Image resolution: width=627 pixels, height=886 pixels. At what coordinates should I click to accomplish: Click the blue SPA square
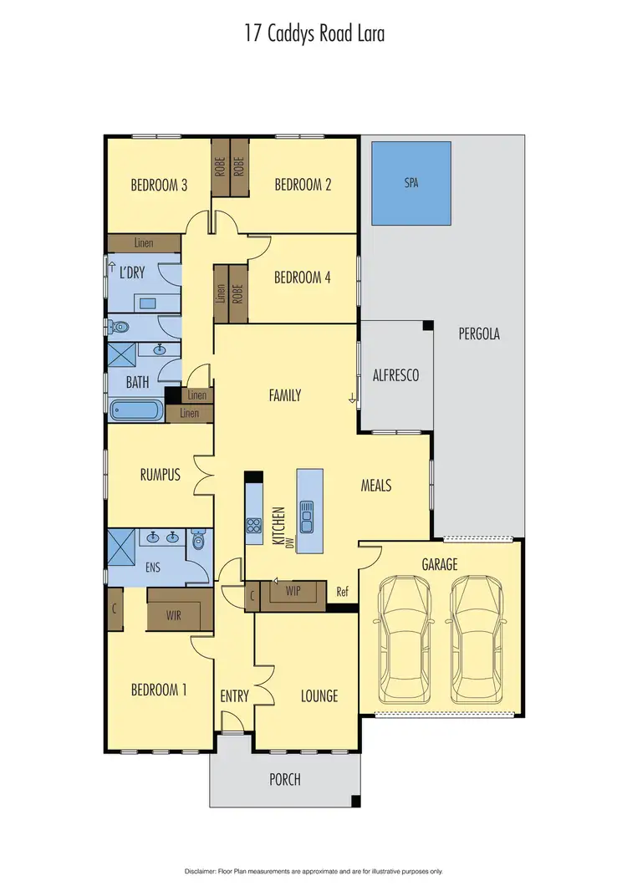411,182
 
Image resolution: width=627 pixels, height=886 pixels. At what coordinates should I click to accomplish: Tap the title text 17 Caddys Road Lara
313,35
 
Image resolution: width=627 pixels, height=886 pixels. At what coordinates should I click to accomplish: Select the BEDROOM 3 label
159,186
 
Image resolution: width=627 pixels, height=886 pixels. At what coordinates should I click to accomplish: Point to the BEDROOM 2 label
303,186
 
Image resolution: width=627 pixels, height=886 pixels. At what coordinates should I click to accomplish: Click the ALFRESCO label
395,376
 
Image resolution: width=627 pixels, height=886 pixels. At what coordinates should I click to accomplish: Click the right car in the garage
477,641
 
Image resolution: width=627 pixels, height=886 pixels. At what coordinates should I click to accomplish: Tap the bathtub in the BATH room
139,411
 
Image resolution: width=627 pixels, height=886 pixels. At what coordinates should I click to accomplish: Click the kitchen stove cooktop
253,526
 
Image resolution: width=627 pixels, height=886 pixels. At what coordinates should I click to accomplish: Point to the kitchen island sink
307,516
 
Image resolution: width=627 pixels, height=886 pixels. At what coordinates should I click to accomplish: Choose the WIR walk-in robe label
174,614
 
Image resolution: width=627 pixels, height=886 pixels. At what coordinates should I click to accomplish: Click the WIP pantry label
293,589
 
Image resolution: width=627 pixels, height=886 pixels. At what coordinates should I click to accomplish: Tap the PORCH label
284,780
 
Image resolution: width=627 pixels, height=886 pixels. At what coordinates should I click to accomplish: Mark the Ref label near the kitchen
341,591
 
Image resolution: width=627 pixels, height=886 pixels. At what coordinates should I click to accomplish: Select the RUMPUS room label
160,475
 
